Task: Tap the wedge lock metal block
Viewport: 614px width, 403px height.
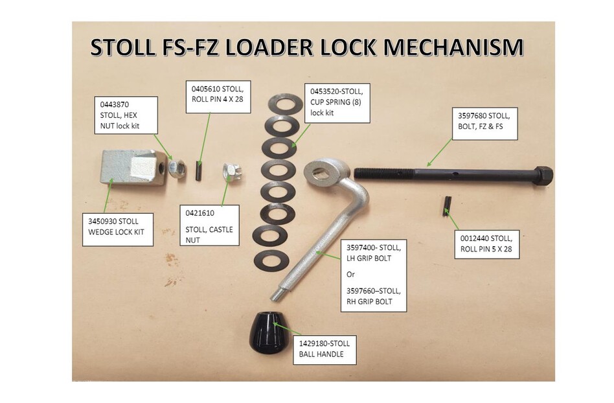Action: [x=128, y=167]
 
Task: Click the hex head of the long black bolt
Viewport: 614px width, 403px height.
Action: [x=543, y=176]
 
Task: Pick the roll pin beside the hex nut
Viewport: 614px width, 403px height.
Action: [x=199, y=171]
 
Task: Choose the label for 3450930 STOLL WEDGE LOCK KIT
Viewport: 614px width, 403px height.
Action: [x=117, y=230]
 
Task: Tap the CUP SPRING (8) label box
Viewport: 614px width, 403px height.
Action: [x=337, y=102]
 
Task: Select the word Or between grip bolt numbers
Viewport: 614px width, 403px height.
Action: [x=350, y=274]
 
